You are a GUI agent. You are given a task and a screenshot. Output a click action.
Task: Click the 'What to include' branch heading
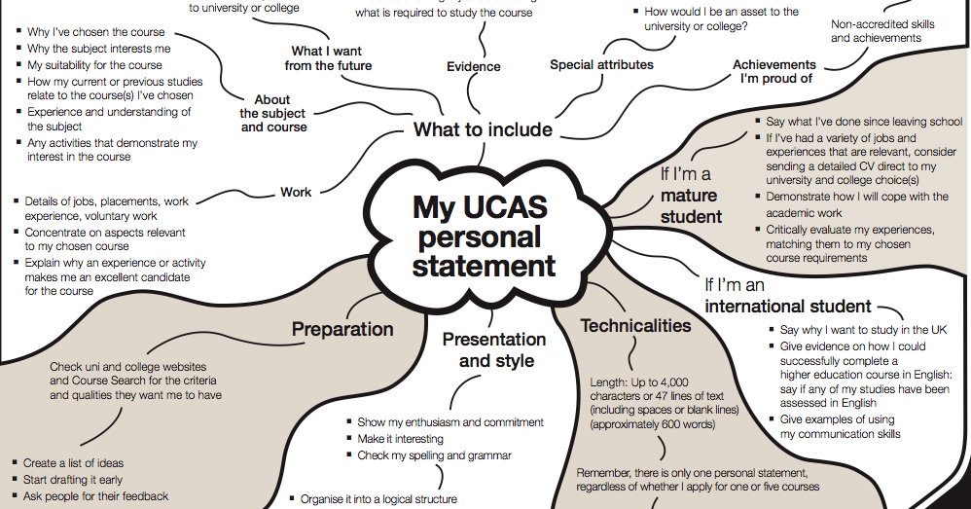coord(483,129)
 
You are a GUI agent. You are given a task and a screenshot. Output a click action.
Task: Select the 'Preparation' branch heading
coord(342,329)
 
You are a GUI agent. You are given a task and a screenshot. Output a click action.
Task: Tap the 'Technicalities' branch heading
coord(635,325)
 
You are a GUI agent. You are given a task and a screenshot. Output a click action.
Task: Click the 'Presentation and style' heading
coord(494,349)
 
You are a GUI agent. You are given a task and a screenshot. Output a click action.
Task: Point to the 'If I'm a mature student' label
coord(691,195)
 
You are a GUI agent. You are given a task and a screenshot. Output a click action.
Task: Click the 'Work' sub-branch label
coord(296,192)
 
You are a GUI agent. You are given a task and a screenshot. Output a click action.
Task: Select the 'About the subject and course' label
coord(272,113)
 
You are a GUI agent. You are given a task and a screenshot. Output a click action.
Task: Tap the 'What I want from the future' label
coord(327,58)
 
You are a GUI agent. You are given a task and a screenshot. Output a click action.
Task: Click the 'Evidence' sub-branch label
coord(474,66)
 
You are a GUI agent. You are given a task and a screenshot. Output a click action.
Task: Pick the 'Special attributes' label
coord(601,65)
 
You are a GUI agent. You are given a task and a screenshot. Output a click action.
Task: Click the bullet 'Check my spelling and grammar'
coord(434,455)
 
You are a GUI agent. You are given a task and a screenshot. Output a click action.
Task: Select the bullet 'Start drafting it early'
coord(73,480)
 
